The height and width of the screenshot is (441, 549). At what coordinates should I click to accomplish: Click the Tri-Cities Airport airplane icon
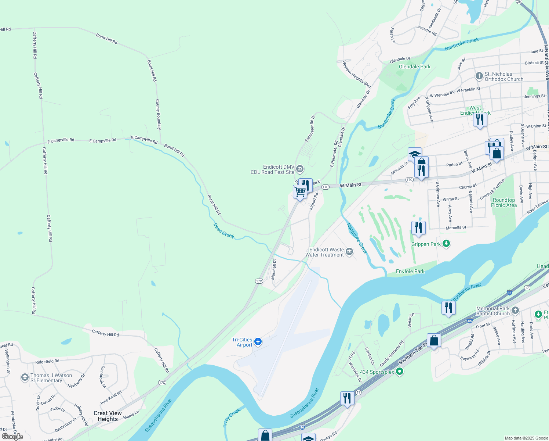(x=258, y=342)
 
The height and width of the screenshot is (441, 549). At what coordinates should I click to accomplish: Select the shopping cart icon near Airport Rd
(x=300, y=192)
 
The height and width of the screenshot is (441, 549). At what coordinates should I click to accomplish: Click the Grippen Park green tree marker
(x=446, y=244)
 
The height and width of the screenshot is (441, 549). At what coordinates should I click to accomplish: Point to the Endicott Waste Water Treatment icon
(x=349, y=252)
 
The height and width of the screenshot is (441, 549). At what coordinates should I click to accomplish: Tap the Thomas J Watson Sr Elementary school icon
(x=25, y=377)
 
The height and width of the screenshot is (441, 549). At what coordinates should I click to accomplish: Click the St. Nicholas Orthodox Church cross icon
(x=479, y=76)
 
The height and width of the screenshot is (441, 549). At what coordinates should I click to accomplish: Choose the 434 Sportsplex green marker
(x=400, y=372)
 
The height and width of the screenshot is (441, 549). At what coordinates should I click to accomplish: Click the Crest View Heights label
(x=108, y=416)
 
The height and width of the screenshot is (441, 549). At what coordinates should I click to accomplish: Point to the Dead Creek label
(x=223, y=230)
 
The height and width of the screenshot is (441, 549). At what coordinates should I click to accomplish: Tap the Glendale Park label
(x=415, y=67)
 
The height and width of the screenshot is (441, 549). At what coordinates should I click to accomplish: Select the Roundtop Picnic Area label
(x=503, y=202)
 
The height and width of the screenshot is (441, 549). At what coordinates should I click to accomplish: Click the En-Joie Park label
(x=410, y=271)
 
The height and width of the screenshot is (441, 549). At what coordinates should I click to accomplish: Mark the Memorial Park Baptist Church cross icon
(x=515, y=311)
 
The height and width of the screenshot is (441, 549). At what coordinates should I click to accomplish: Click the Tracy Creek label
(x=232, y=417)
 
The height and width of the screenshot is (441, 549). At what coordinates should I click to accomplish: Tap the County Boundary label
(x=158, y=114)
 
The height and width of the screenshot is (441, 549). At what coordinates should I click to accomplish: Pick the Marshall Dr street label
(x=273, y=269)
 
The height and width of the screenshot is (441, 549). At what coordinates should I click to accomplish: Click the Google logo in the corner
(x=12, y=436)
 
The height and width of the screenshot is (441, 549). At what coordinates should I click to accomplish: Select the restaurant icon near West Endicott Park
(x=480, y=120)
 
